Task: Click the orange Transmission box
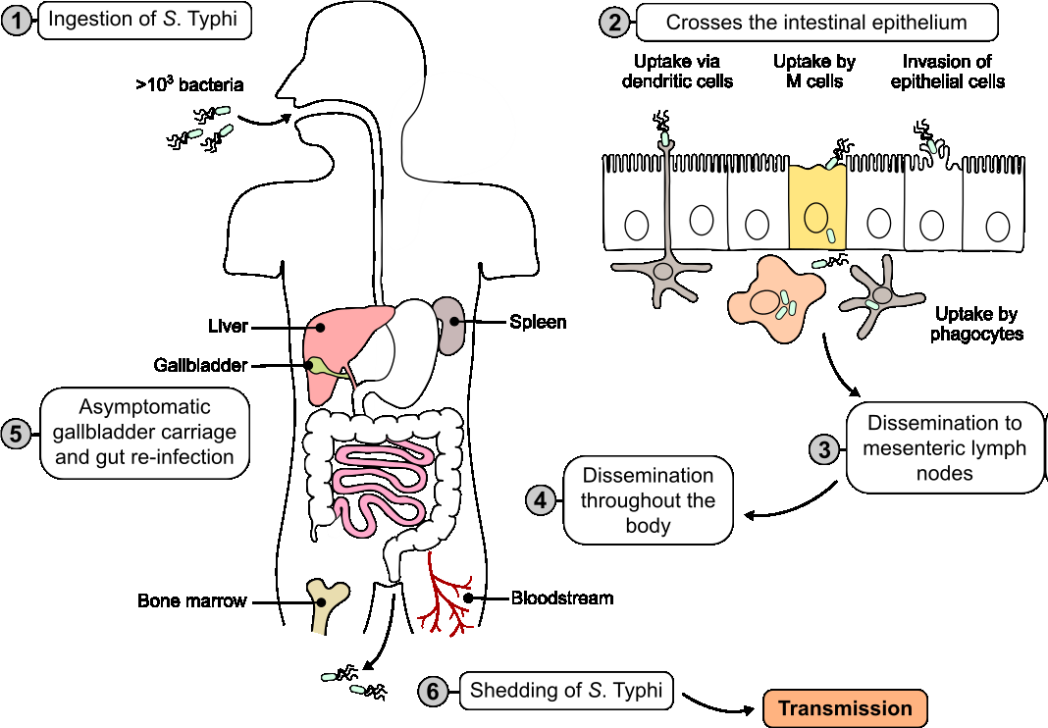tap(845, 708)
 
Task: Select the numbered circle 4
tap(541, 499)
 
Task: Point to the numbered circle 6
tap(433, 691)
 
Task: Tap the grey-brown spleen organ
tap(450, 324)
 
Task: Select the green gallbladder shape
tap(318, 367)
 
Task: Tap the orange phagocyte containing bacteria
tap(776, 300)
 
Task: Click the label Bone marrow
tap(191, 600)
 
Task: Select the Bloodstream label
tap(562, 598)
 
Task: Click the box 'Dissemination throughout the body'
tap(649, 500)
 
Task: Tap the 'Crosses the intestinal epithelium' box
tap(816, 23)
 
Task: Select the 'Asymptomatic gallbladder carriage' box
tap(144, 432)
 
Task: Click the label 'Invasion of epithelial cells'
tap(947, 72)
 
